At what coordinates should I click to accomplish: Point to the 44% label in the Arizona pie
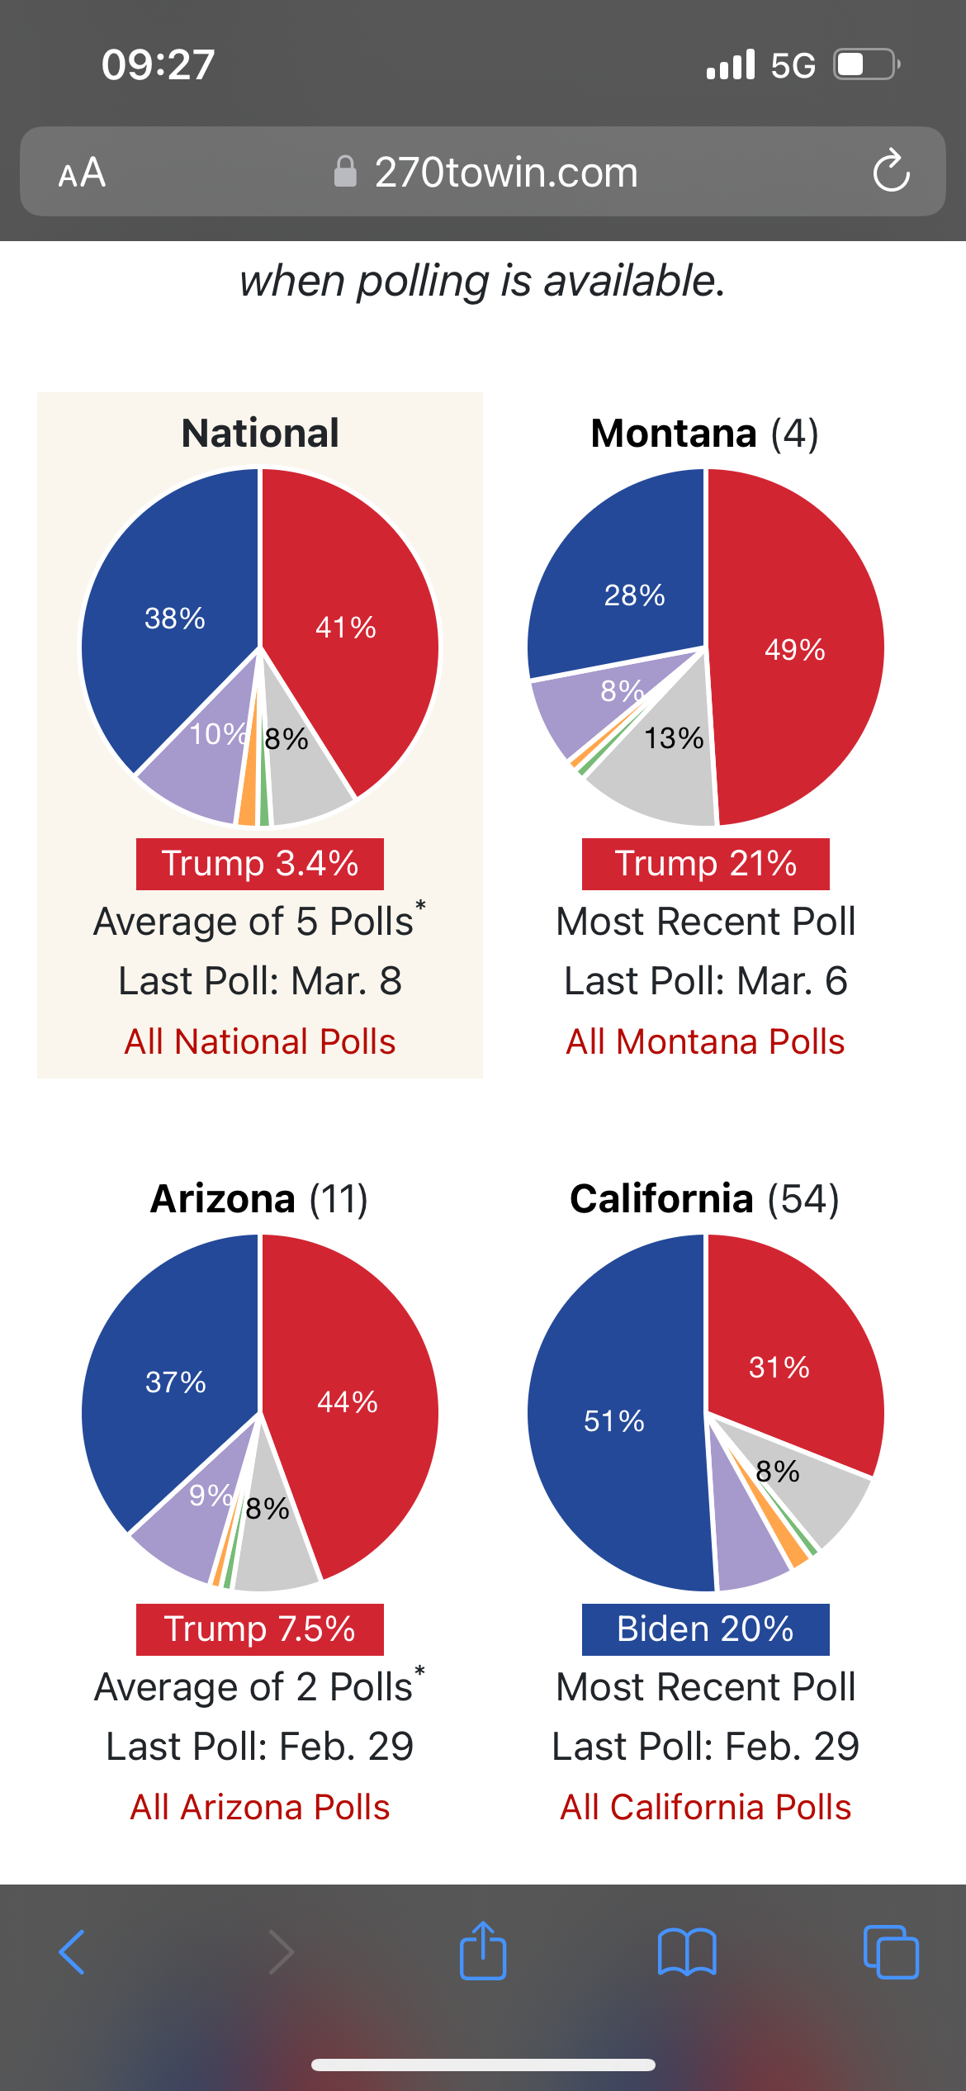coord(348,1401)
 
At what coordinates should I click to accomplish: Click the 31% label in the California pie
coord(779,1367)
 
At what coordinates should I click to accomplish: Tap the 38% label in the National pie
coord(175,618)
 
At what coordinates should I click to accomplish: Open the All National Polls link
coord(260,1041)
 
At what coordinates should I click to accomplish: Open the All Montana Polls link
coord(705,1041)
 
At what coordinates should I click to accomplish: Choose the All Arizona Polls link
coord(260,1807)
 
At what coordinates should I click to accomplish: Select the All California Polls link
coord(705,1807)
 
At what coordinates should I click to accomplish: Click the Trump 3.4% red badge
coord(260,864)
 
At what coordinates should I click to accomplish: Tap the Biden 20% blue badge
coord(705,1629)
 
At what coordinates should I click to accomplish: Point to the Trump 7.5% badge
coord(260,1629)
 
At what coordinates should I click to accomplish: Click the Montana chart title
coord(704,434)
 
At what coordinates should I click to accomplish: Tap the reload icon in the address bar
coord(891,171)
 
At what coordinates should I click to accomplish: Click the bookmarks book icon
coord(687,1952)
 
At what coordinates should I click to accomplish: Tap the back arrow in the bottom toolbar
coord(73,1952)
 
